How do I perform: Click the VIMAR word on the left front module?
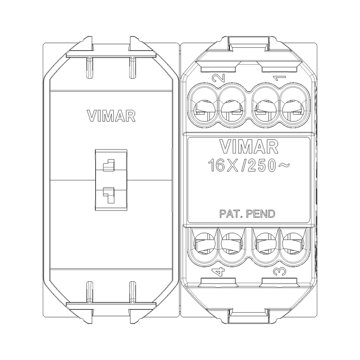[111, 116]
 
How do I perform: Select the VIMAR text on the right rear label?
[248, 146]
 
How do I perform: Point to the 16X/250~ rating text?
[248, 165]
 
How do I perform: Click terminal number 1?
[279, 78]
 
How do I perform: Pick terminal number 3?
[279, 272]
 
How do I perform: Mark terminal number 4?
[217, 272]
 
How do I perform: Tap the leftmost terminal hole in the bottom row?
[202, 243]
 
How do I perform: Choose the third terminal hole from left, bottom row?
[264, 243]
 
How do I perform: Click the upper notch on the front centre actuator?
[108, 166]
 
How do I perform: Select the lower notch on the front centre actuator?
[108, 193]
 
